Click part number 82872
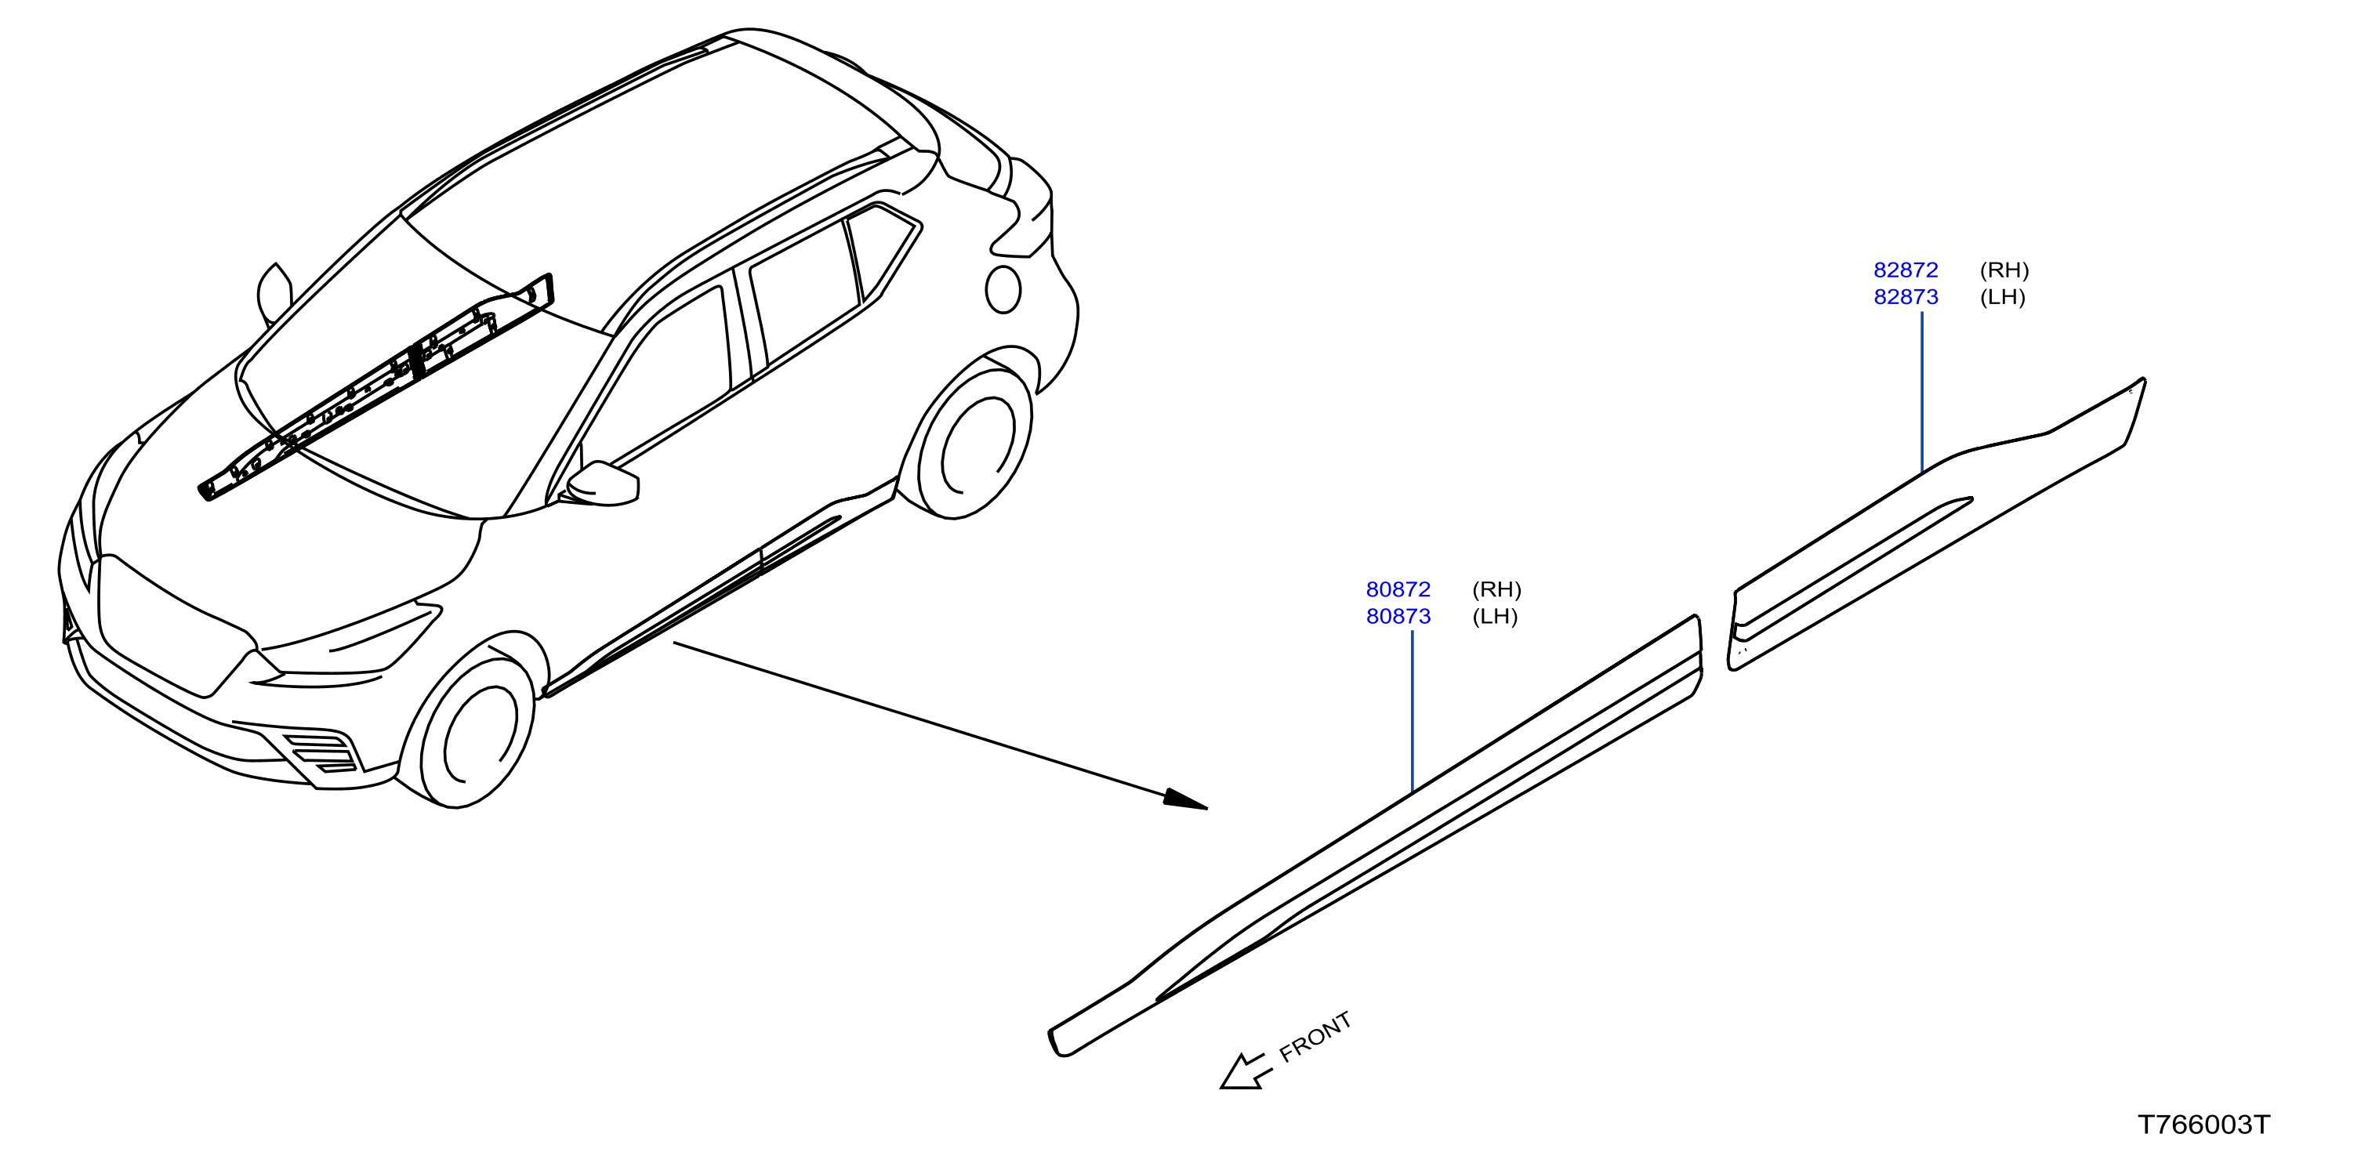[1906, 270]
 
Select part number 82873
[1906, 297]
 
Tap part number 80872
[1398, 589]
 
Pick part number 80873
[1398, 617]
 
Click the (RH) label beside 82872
[2004, 270]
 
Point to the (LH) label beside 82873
[2003, 297]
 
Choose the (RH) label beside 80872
[1496, 589]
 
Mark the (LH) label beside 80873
[1495, 617]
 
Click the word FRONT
[1315, 1037]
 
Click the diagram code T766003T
[2204, 1125]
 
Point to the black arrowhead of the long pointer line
[1186, 799]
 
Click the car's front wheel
[477, 734]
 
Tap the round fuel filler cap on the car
[1003, 290]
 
